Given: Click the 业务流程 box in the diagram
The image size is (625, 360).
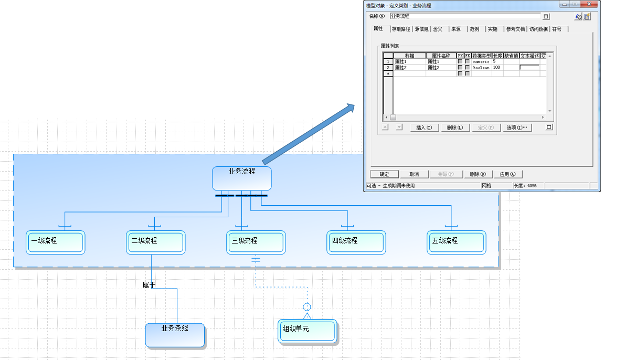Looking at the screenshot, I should (241, 178).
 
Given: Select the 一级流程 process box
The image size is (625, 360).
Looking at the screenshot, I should (55, 242).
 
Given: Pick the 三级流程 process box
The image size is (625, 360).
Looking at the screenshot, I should (256, 242).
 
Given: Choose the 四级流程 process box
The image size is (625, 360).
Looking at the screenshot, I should (356, 242).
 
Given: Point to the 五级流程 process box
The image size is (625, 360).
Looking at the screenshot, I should (456, 242).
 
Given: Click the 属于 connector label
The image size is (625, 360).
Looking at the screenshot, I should (149, 285).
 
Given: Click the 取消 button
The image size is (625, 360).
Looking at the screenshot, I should (414, 174).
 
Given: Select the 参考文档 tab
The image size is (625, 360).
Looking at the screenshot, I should (515, 29).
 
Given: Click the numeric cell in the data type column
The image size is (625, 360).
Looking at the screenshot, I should (481, 61).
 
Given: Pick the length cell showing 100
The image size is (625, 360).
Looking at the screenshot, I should (497, 68).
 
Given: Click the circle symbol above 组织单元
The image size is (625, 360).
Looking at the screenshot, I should (308, 307).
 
